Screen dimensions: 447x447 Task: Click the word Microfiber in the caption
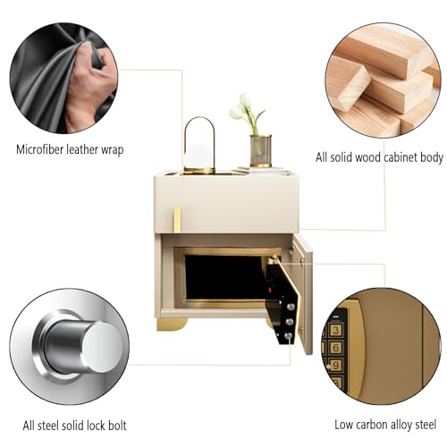click(40, 149)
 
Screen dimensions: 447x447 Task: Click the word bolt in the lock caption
click(117, 425)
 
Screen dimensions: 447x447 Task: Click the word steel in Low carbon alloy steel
click(425, 425)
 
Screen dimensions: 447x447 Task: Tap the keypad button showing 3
click(336, 330)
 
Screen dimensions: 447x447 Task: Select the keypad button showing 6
click(336, 348)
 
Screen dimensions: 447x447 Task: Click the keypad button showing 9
click(336, 365)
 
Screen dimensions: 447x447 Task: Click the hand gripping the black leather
click(89, 87)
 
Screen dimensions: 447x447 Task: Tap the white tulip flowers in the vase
click(243, 107)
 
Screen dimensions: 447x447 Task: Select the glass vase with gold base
click(261, 151)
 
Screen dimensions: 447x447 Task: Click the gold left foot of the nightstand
click(172, 325)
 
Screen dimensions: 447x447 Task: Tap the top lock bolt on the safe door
click(291, 307)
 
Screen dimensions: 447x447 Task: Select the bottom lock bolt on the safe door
click(288, 336)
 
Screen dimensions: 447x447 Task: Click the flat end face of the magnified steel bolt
click(102, 347)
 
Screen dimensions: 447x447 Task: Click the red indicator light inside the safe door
click(271, 290)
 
